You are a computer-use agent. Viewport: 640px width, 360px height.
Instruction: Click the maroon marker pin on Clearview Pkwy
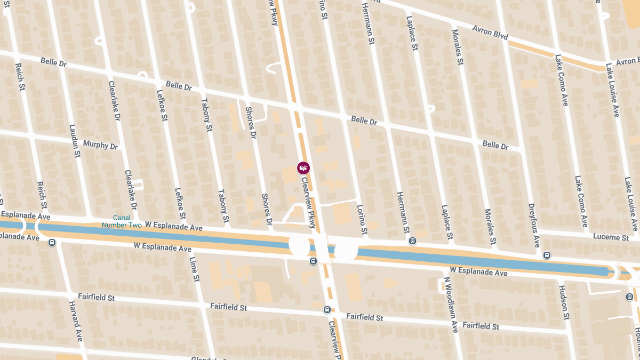(x=303, y=168)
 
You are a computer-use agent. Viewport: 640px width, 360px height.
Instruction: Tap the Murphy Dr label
(x=100, y=145)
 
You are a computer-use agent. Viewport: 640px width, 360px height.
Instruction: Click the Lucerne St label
(x=610, y=237)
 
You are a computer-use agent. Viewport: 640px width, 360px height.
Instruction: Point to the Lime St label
(x=194, y=269)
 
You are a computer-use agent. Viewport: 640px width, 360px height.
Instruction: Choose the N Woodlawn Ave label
(x=451, y=305)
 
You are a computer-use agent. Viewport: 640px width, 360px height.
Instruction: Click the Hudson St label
(x=564, y=302)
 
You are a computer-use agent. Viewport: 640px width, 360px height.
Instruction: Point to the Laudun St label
(x=75, y=141)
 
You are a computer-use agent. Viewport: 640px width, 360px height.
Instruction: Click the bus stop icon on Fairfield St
(x=327, y=309)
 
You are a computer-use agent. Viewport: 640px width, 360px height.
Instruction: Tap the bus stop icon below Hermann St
(x=412, y=241)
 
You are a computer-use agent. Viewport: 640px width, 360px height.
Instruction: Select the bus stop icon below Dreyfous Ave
(x=547, y=255)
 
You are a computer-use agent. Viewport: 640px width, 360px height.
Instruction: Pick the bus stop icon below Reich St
(x=52, y=243)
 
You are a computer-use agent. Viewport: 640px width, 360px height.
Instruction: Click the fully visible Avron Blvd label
(x=490, y=33)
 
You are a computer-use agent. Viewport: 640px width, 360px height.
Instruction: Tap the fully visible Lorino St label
(x=361, y=219)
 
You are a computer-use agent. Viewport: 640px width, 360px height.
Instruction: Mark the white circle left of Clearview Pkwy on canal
(x=299, y=245)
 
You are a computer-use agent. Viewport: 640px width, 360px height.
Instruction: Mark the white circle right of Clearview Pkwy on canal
(x=346, y=250)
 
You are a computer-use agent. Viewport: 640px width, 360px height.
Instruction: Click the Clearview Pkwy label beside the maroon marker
(x=309, y=203)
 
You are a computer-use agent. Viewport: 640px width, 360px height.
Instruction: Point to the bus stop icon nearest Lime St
(x=313, y=261)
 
